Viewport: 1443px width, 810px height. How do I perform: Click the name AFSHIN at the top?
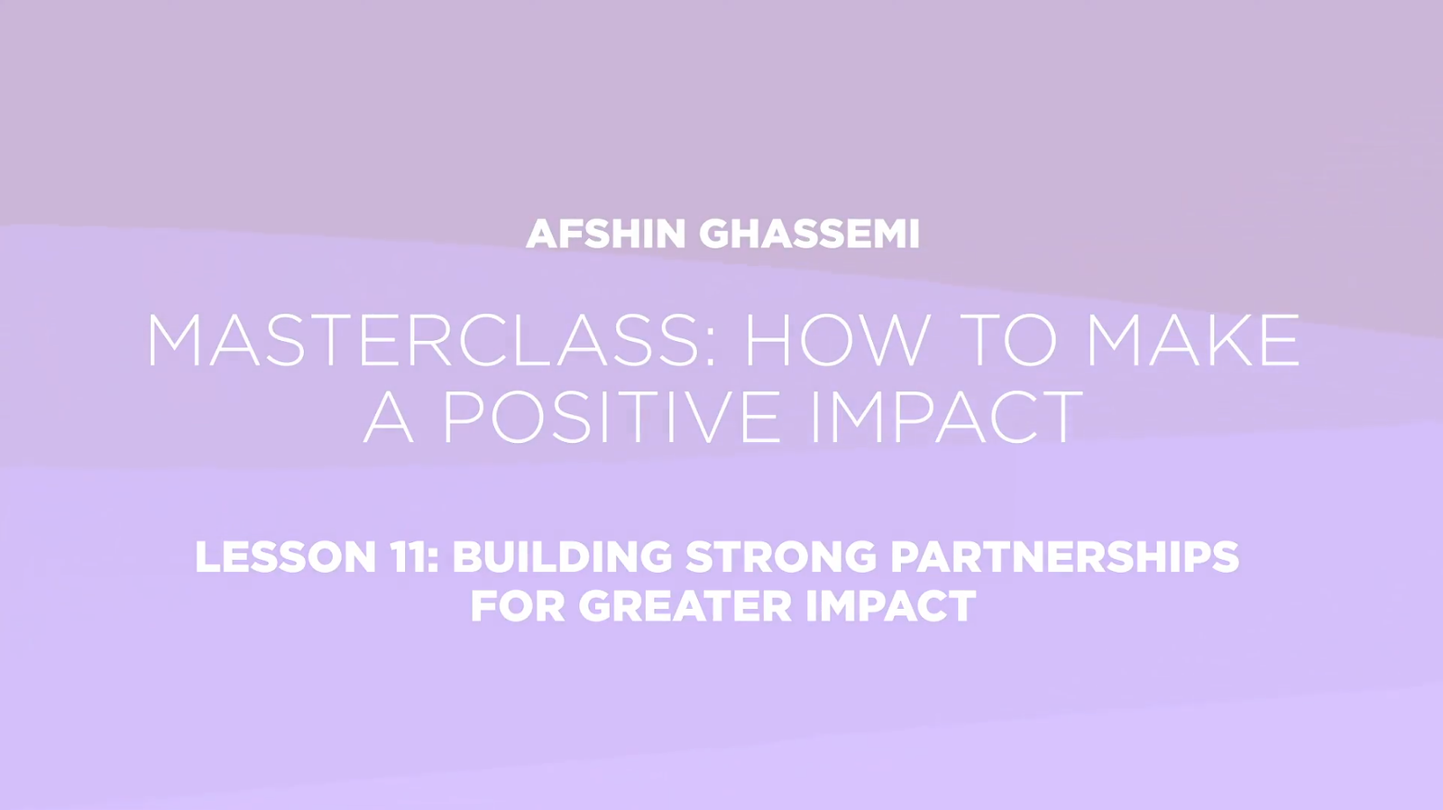pos(605,234)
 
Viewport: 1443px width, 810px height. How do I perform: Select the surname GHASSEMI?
pos(809,234)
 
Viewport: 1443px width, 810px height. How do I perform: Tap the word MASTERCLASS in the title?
pos(421,340)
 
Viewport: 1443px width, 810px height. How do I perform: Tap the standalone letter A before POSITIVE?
pos(388,417)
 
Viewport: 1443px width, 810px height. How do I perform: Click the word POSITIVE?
pos(612,417)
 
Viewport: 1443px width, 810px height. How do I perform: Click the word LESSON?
pos(285,557)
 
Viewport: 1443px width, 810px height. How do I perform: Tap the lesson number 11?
pos(409,557)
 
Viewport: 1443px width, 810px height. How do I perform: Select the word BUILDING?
pos(563,557)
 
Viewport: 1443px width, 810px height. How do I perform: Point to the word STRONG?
pos(781,557)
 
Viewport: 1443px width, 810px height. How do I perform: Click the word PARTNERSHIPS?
pos(1065,557)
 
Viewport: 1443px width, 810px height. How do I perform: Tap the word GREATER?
pos(685,606)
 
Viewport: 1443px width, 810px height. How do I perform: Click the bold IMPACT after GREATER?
pos(891,606)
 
